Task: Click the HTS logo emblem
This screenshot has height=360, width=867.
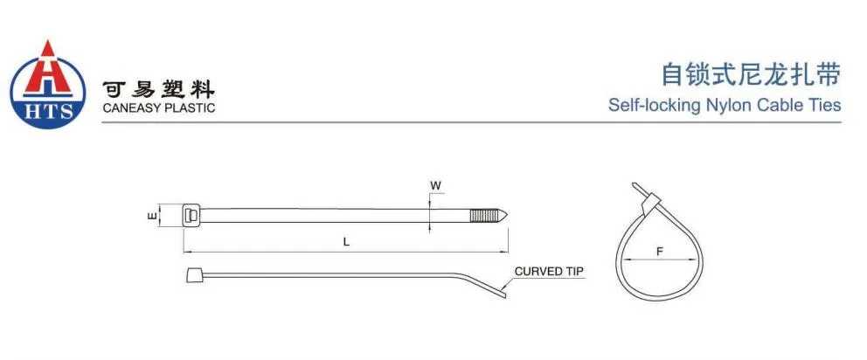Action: click(x=47, y=85)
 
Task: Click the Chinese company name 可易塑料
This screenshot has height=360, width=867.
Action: click(x=158, y=89)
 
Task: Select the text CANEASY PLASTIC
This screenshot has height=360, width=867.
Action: click(x=158, y=108)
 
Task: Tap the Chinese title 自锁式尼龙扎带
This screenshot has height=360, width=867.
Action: click(x=750, y=75)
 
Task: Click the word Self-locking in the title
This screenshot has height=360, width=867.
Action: click(x=642, y=106)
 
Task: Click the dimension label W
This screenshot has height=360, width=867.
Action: click(x=434, y=185)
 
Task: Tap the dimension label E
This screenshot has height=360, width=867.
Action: click(x=152, y=215)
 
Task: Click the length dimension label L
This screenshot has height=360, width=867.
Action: click(x=346, y=242)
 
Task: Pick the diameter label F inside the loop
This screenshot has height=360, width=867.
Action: click(x=659, y=251)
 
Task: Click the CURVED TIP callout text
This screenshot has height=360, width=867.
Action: click(x=550, y=272)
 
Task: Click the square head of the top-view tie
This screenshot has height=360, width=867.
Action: click(x=191, y=215)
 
